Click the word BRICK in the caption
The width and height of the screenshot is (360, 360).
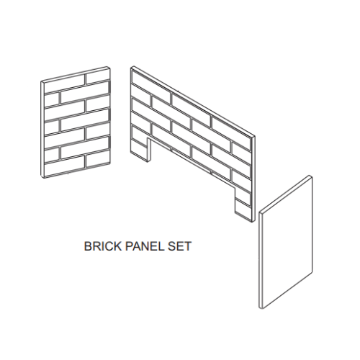pos(101,246)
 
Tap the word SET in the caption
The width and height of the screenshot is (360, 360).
pos(179,246)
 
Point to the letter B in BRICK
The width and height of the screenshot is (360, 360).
pos(89,246)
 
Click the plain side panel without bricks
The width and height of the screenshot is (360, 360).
pos(286,245)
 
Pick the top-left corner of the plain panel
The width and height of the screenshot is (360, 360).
pos(258,212)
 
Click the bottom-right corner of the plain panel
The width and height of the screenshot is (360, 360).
pos(312,276)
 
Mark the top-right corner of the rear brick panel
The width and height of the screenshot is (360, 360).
pos(257,134)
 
